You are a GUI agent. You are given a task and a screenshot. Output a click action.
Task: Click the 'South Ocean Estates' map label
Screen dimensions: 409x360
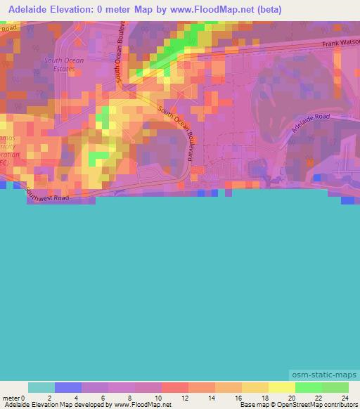pyautogui.click(x=64, y=65)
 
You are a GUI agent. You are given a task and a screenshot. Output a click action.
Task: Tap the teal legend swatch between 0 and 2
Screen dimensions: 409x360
pyautogui.click(x=41, y=387)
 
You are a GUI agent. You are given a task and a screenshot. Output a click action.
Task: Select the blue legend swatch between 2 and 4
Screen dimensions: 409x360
pyautogui.click(x=68, y=387)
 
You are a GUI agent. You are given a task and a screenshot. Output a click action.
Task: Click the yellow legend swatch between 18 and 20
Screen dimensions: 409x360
pyautogui.click(x=282, y=387)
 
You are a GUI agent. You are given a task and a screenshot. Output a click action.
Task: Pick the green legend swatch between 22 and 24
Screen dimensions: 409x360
pyautogui.click(x=335, y=387)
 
